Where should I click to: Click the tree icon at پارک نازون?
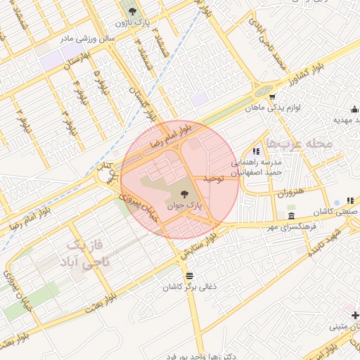click(131, 11)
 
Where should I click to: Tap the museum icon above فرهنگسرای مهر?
click(291, 215)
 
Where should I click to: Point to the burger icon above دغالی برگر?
click(188, 275)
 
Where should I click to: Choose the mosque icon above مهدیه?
click(355, 109)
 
